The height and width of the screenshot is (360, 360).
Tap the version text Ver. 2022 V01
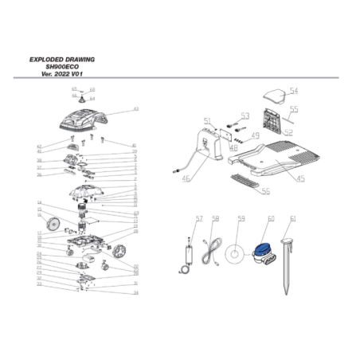coord(63,73)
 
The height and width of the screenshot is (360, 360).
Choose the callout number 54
coord(293,91)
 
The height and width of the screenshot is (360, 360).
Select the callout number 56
coord(265,191)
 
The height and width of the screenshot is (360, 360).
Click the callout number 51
coord(207,121)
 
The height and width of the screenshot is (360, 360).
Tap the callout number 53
coord(245,116)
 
